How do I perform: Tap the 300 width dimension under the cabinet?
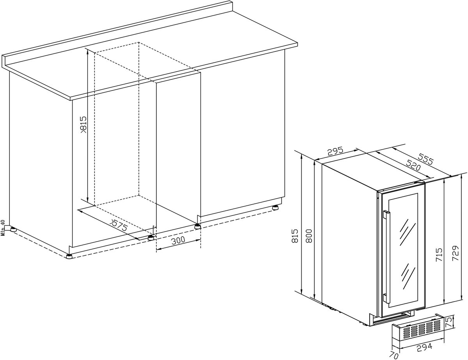(178, 240)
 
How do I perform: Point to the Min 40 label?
(3, 228)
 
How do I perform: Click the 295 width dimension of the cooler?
(335, 151)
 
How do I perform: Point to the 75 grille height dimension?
(449, 322)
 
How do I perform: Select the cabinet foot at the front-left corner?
(69, 256)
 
